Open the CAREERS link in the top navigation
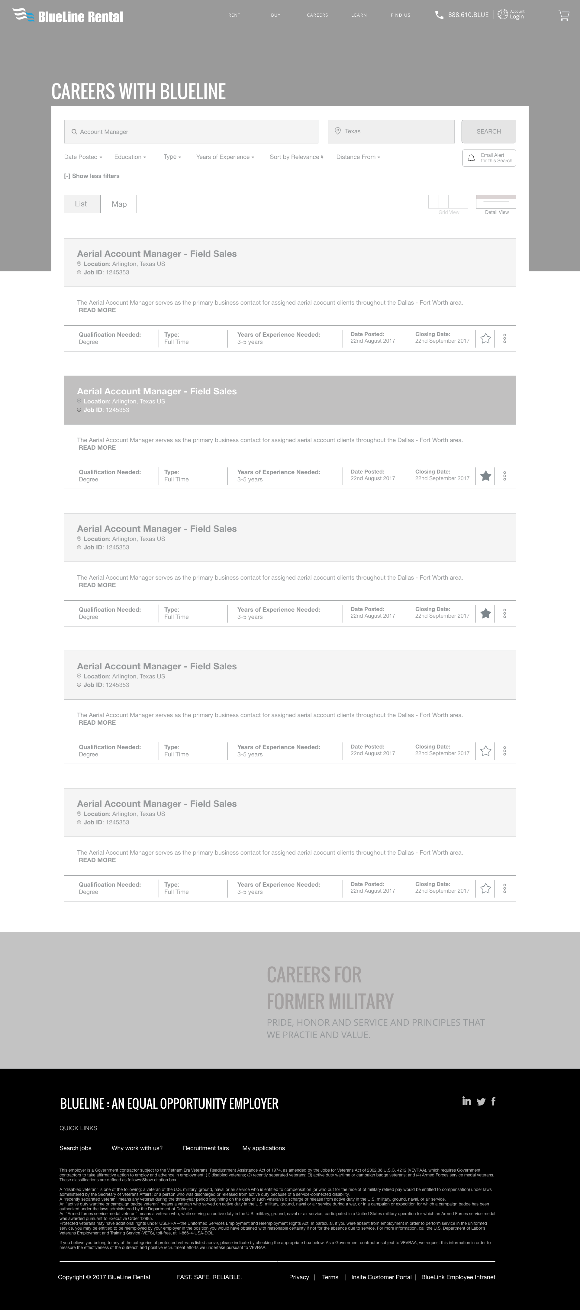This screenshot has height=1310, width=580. tap(317, 15)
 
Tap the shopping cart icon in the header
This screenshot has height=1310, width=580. tap(564, 15)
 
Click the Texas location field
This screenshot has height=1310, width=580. tap(391, 131)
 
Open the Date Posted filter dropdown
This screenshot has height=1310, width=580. tap(83, 157)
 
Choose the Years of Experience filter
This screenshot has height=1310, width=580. tap(225, 157)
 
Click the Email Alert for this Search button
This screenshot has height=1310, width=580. tap(489, 158)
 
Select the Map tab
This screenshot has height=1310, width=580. tap(119, 204)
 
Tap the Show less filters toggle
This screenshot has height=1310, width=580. tap(92, 176)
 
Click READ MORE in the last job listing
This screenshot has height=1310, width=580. tap(97, 860)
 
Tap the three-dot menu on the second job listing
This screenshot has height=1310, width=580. tap(504, 476)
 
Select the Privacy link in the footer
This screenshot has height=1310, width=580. tap(299, 1277)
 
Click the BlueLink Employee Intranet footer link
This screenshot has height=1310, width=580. tap(458, 1277)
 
